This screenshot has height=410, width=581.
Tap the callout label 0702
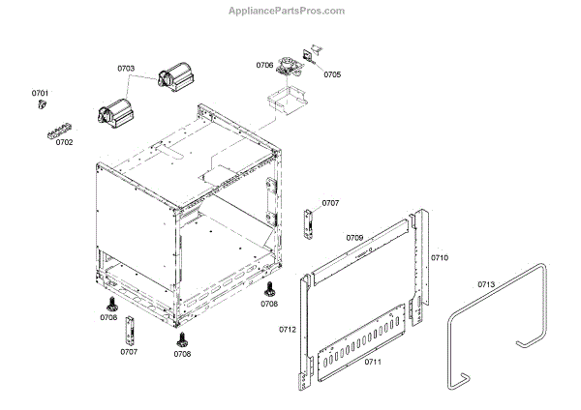tap(64, 142)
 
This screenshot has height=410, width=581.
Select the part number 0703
tap(126, 70)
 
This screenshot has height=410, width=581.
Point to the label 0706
tap(264, 65)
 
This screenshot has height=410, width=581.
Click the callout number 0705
tap(332, 73)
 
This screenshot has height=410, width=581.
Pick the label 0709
tap(354, 237)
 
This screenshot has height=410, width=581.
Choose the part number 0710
tap(440, 258)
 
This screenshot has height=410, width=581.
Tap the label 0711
tap(373, 362)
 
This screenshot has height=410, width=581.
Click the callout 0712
tap(288, 330)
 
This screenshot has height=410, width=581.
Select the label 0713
tap(486, 284)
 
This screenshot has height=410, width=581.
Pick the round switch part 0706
tap(287, 67)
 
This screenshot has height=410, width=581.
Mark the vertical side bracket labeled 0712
tap(307, 329)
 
